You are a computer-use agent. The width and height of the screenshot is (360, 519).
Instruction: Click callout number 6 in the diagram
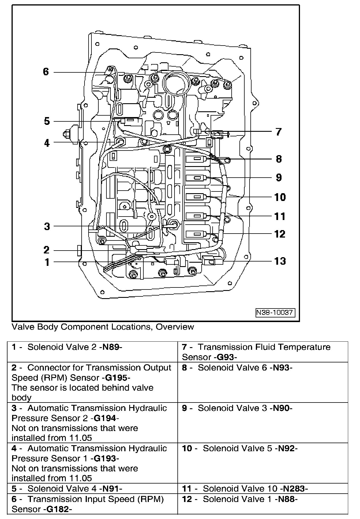pos(46,72)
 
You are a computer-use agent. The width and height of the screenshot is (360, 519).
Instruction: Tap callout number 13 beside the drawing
pos(280,261)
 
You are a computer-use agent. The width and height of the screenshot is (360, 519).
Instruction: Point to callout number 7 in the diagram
pos(278,132)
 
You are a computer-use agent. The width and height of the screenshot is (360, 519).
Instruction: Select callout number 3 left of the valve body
pos(47,226)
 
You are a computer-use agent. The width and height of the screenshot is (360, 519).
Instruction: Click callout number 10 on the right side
pos(280,197)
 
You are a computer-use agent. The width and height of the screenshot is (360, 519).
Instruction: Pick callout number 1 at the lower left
pos(47,262)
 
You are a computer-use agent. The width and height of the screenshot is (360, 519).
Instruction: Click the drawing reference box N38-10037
pos(275,313)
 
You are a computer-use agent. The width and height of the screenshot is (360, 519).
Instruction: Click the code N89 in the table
pos(110,347)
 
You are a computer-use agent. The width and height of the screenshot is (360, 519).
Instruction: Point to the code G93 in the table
pos(225,357)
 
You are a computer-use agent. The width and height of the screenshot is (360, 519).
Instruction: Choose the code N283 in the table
pos(294,489)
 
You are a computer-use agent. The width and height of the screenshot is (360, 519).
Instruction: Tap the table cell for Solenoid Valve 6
pos(262,382)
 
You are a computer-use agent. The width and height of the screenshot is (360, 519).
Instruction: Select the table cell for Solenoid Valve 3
pos(262,422)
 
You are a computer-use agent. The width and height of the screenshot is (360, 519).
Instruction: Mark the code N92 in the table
pos(286,448)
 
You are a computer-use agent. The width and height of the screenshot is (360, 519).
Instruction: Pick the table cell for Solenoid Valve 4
pos(92,489)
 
